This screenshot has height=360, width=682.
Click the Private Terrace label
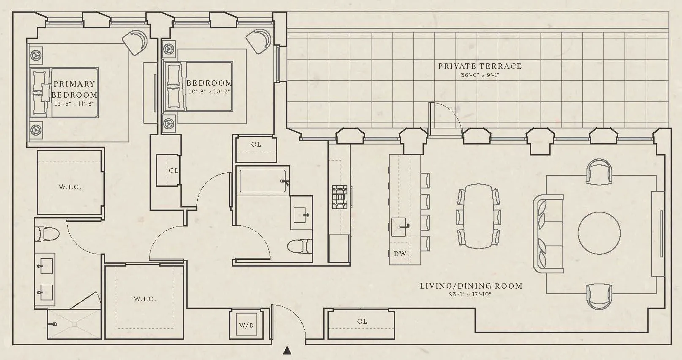(x=480, y=66)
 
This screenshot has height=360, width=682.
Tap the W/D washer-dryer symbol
(x=246, y=325)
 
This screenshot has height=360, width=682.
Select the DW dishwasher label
(x=400, y=254)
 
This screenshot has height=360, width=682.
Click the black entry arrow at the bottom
(x=287, y=350)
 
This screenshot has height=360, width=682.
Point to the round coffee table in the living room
(x=599, y=233)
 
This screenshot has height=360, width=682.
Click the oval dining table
(x=478, y=216)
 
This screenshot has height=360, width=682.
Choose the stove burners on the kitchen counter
(x=340, y=197)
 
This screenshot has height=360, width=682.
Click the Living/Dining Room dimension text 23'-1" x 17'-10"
(x=470, y=295)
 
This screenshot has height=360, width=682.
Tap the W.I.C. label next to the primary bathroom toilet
(x=70, y=187)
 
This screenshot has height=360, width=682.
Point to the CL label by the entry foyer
(x=362, y=322)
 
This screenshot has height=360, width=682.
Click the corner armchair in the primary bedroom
(x=136, y=42)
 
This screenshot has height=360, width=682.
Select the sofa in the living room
(x=548, y=233)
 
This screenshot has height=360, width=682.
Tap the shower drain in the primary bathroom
(x=74, y=324)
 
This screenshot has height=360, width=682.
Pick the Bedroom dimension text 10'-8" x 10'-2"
(x=209, y=91)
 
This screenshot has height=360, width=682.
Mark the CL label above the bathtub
(x=256, y=145)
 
